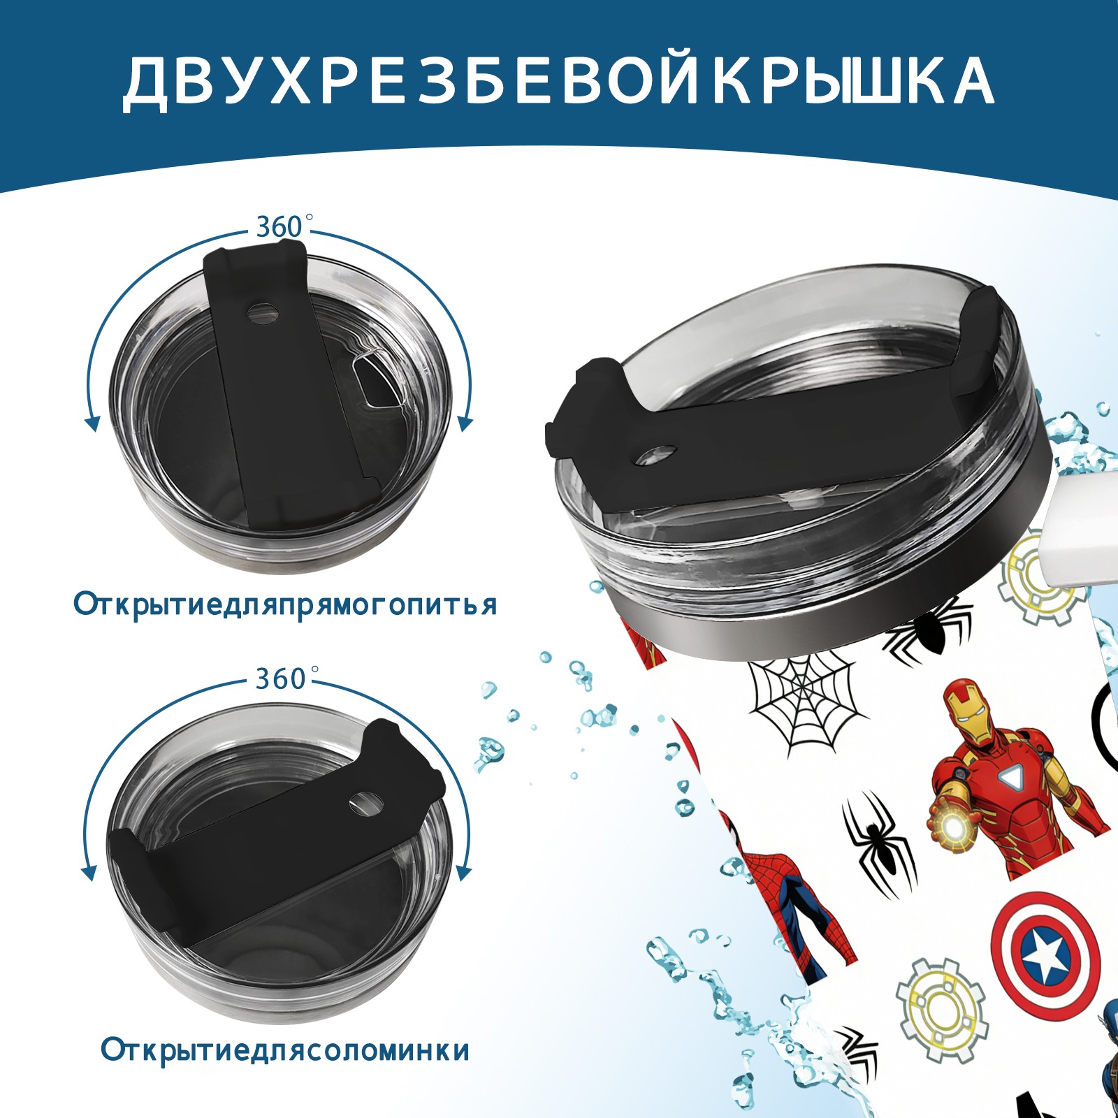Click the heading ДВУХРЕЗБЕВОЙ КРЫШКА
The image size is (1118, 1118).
[558, 82]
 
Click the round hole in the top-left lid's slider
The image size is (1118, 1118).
[263, 311]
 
